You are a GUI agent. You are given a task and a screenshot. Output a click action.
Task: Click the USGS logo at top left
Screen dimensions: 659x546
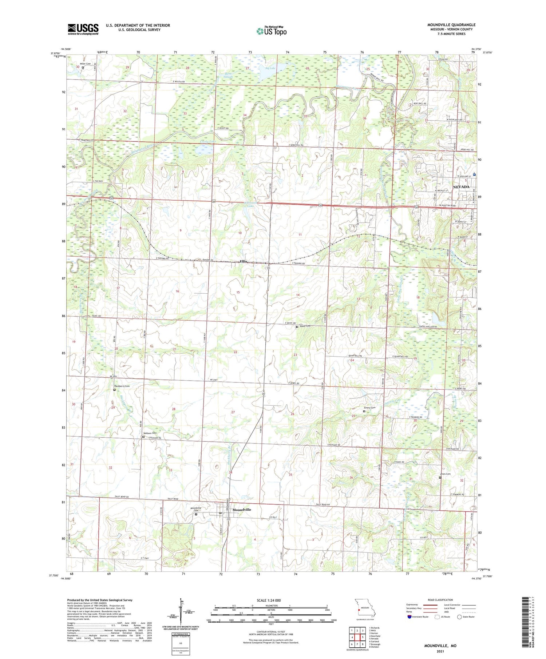point(83,29)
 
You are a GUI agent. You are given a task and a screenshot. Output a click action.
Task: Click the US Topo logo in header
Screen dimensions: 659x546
point(271,31)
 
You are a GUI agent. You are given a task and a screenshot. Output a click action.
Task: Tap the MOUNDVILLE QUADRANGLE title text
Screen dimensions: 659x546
point(451,25)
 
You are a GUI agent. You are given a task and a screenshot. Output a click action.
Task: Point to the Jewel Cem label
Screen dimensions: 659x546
point(305,326)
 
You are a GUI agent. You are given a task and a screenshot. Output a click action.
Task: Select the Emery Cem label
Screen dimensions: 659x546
point(369,408)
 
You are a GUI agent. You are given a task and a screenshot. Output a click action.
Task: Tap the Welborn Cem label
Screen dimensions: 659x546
point(150,433)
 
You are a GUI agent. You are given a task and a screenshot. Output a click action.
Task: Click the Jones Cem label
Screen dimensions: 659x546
point(445,474)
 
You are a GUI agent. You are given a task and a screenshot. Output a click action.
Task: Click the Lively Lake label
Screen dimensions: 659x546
point(208,141)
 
